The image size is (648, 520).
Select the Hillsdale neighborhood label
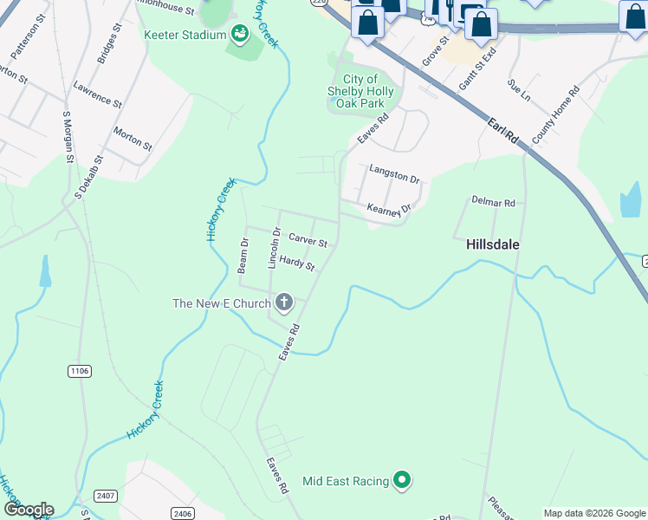[x=493, y=244]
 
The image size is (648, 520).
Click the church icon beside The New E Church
[x=283, y=302]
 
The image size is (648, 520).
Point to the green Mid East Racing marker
[x=401, y=479]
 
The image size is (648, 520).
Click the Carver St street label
[x=308, y=240]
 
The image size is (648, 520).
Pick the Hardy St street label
[x=295, y=263]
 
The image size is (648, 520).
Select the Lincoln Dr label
[x=275, y=248]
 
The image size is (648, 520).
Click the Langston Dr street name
[x=394, y=174]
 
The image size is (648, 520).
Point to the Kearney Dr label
[x=387, y=208]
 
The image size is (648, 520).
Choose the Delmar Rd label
[x=493, y=202]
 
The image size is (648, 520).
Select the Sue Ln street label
[x=518, y=88]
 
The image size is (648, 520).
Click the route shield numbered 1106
[x=79, y=371]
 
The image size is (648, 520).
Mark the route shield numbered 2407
[x=106, y=495]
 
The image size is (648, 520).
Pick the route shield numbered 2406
[x=183, y=514]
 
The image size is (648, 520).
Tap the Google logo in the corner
[x=29, y=509]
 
